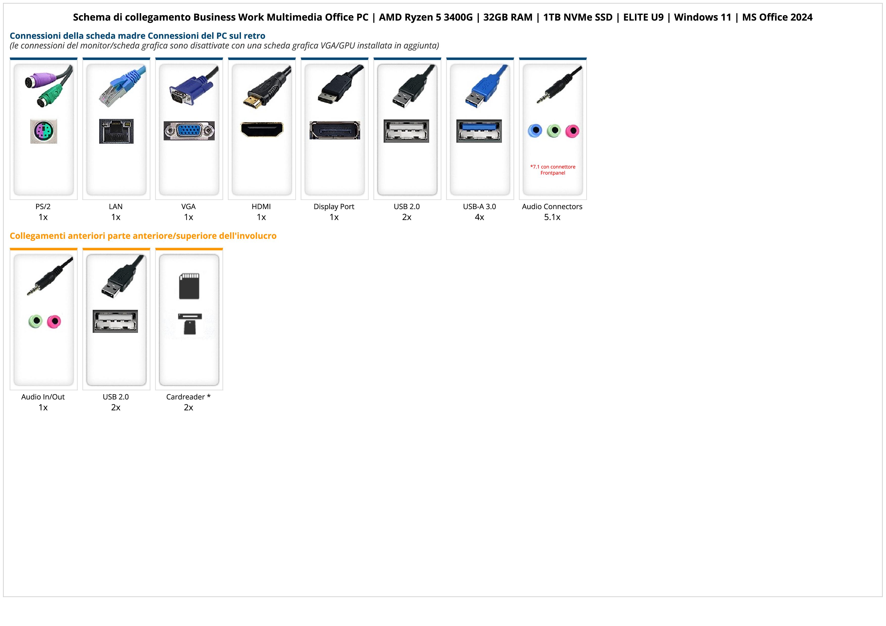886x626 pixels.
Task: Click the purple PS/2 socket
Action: point(44,131)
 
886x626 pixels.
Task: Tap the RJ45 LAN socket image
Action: point(116,131)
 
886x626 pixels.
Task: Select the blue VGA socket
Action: point(189,131)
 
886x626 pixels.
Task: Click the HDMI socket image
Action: point(262,130)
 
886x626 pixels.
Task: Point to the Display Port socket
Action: point(335,130)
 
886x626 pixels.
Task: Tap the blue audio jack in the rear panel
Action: point(535,131)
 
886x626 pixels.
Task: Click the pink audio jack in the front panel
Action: point(54,321)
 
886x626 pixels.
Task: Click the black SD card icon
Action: point(189,286)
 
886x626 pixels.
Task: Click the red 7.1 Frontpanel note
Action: point(553,170)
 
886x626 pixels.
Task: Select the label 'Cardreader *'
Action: point(188,397)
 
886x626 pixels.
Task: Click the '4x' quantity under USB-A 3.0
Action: point(479,217)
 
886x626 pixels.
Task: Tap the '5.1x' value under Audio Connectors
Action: point(552,217)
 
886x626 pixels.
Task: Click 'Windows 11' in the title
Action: point(703,17)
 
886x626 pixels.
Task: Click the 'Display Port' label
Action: point(334,206)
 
